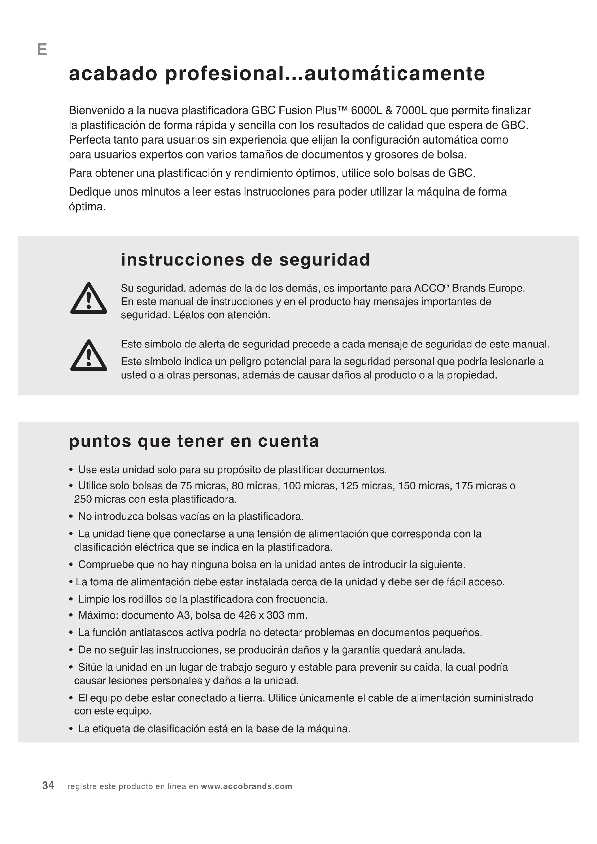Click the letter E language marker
(x=42, y=49)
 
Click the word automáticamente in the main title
(x=395, y=74)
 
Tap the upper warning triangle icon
(x=88, y=299)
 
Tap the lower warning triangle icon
(x=88, y=356)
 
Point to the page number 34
(x=48, y=786)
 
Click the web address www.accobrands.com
(x=246, y=786)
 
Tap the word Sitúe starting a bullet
(x=90, y=667)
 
